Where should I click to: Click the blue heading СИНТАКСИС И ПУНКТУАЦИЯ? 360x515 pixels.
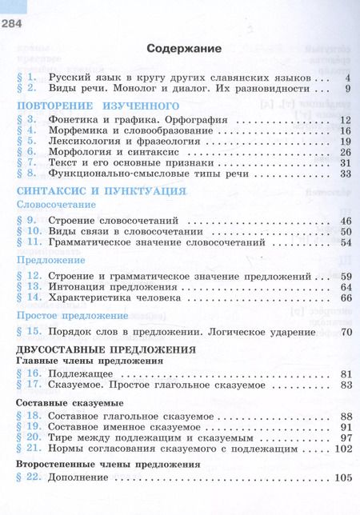click(x=90, y=191)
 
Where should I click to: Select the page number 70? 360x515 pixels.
click(x=346, y=331)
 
